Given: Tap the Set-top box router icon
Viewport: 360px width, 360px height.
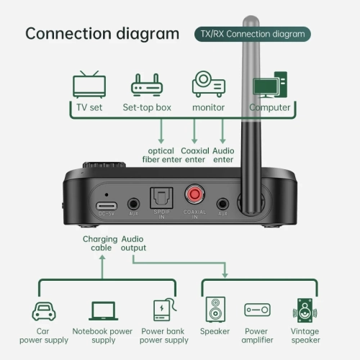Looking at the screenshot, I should tap(146, 86).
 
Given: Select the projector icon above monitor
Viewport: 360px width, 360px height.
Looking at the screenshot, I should tap(208, 84).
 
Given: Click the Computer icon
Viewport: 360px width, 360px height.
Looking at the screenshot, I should tap(269, 84).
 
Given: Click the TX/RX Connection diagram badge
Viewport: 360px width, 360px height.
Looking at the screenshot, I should tap(253, 34).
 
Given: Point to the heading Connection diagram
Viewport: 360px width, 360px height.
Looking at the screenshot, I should tap(102, 34).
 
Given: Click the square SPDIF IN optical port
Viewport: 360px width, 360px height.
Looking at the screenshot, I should tap(158, 197).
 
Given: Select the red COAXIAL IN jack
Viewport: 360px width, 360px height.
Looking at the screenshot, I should tap(194, 195).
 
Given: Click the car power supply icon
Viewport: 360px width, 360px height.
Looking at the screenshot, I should tap(42, 310).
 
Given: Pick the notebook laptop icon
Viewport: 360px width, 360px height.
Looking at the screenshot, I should tap(104, 310).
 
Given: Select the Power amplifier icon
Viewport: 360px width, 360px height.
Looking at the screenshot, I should tap(257, 310).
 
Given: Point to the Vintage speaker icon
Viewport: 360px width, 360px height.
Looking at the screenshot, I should tap(305, 310).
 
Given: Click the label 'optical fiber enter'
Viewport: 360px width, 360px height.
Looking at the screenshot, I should tap(160, 156).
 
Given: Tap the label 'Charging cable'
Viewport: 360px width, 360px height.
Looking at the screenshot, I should tap(100, 243).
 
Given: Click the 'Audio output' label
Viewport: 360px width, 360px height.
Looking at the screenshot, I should tap(134, 243).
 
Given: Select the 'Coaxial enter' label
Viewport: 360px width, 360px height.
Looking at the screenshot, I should tap(195, 156).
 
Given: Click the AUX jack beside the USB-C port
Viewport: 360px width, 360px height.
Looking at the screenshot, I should tap(133, 204).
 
